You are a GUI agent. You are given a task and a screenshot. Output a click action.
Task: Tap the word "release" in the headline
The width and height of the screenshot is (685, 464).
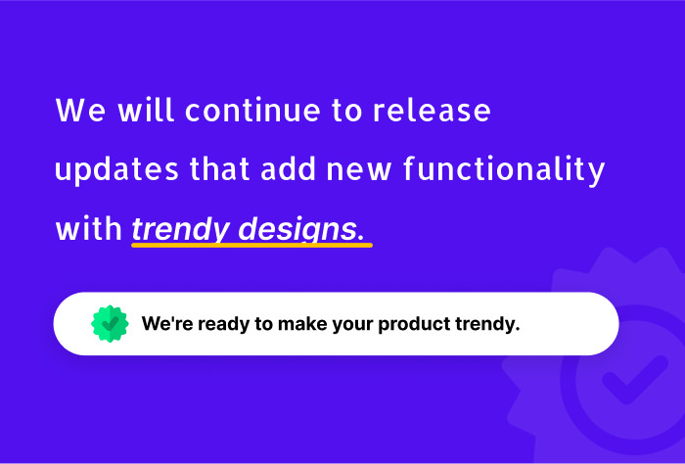click(x=432, y=110)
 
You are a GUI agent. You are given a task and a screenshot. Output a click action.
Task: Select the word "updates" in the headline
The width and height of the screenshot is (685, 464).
click(x=116, y=170)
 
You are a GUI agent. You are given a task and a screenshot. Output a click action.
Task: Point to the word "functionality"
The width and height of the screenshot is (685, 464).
click(x=504, y=169)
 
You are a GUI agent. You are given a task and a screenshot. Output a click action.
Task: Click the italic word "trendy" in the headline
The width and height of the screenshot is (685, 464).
click(x=181, y=229)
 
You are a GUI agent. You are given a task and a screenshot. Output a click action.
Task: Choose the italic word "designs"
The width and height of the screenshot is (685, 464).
click(x=297, y=229)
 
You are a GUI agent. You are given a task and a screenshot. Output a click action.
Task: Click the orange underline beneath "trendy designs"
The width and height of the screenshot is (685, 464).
click(x=252, y=245)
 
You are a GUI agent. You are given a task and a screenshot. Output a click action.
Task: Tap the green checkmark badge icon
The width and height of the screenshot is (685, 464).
click(x=110, y=324)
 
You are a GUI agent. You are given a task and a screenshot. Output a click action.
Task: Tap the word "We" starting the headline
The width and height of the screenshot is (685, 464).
click(x=81, y=110)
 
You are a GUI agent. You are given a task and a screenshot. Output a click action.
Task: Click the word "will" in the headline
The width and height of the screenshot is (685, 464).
click(x=147, y=110)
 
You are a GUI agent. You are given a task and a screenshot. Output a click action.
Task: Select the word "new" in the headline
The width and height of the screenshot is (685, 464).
click(x=359, y=170)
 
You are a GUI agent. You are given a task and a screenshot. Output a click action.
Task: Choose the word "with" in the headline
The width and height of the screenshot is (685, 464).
click(x=89, y=228)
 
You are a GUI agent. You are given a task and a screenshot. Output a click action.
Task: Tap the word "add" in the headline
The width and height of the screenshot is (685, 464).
click(x=288, y=169)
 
